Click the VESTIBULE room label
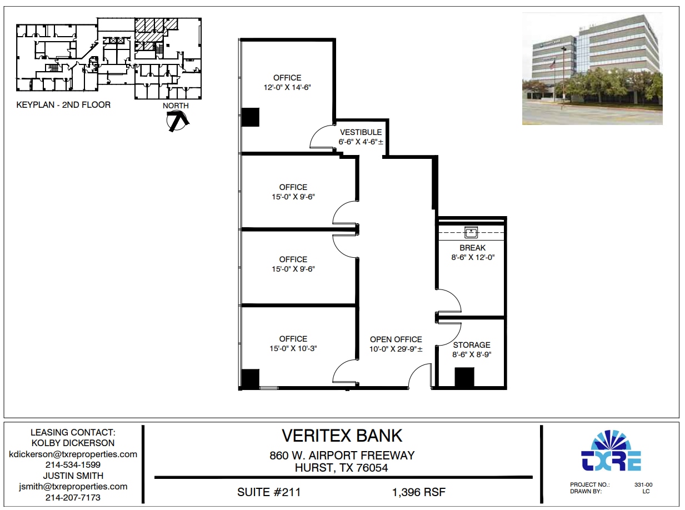pos(361,132)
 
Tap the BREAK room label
pos(472,248)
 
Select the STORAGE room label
pos(472,345)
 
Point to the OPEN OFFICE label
pos(396,339)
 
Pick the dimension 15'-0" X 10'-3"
pos(293,348)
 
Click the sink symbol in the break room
pos(471,232)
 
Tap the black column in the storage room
pos(464,377)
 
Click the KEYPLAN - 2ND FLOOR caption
pos(63,104)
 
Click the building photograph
pos(592,69)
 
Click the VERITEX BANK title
pos(342,435)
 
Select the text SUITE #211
pos(269,492)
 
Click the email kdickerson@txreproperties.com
pos(73,454)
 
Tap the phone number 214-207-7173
pos(73,497)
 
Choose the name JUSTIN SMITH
pos(73,476)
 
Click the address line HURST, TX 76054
pos(342,468)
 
